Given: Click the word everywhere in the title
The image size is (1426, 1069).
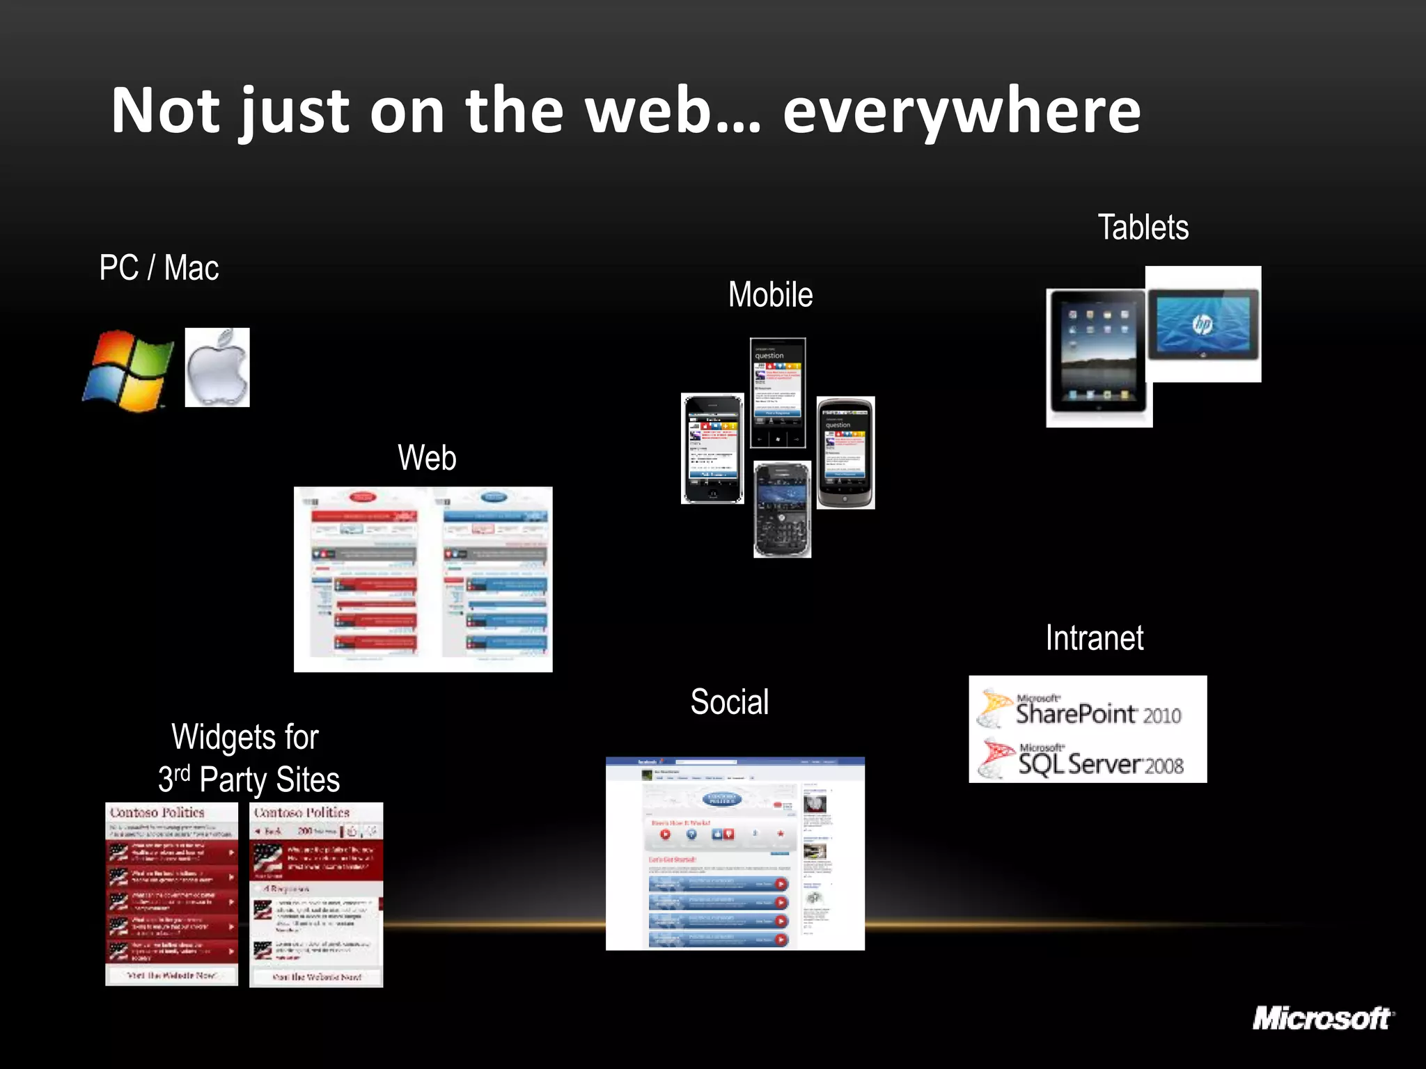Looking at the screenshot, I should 961,111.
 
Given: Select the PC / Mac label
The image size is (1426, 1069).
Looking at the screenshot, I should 159,268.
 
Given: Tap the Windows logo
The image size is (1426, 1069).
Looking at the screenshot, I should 129,370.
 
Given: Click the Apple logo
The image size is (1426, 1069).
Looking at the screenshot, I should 217,367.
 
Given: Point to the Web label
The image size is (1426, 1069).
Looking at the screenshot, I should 427,458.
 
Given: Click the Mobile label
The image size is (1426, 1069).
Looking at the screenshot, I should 770,294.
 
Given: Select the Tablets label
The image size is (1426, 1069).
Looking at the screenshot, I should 1143,228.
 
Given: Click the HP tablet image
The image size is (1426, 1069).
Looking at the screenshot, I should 1203,324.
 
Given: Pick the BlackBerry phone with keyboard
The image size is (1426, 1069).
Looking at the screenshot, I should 782,509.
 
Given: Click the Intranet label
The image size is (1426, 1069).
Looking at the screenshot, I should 1094,638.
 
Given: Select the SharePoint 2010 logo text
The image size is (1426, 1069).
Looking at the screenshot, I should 1097,713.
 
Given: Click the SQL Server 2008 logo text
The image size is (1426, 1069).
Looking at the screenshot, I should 1100,763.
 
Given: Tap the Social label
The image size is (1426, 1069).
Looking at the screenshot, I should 729,702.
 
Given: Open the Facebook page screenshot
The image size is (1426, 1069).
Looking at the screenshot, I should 735,853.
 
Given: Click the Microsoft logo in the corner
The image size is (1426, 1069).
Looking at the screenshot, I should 1322,1019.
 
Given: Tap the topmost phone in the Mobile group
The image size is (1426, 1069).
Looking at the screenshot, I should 778,393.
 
